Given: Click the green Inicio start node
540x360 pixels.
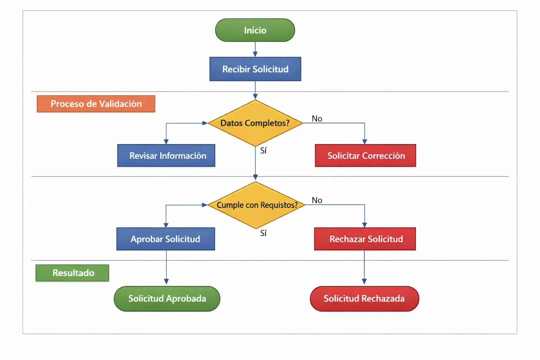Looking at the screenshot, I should (255, 30).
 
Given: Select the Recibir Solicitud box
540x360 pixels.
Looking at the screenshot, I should (255, 69).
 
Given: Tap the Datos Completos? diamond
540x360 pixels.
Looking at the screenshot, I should (255, 123).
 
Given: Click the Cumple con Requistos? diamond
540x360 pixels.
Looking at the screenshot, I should (256, 205).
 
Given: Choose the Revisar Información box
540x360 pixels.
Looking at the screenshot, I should (166, 155).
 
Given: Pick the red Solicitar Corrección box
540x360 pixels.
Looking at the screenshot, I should (365, 155).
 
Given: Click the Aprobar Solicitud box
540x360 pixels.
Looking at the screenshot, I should (166, 239).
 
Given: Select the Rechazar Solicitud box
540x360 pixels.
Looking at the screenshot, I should (365, 239).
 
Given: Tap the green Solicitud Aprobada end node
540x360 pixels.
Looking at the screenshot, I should (167, 298).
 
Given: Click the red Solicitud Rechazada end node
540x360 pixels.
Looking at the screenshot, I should (364, 298).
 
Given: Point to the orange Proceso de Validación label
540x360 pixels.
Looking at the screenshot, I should (96, 104).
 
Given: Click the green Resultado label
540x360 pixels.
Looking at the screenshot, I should (72, 273).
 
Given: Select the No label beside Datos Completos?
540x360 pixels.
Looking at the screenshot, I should (317, 118).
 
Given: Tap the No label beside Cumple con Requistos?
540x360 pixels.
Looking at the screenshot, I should (317, 200).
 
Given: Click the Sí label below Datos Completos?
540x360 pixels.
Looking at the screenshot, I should (263, 150).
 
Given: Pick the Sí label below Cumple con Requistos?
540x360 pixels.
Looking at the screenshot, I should (263, 233).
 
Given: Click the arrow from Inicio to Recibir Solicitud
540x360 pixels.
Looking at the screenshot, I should (255, 49).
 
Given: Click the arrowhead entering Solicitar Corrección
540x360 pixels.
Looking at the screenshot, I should (365, 141).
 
